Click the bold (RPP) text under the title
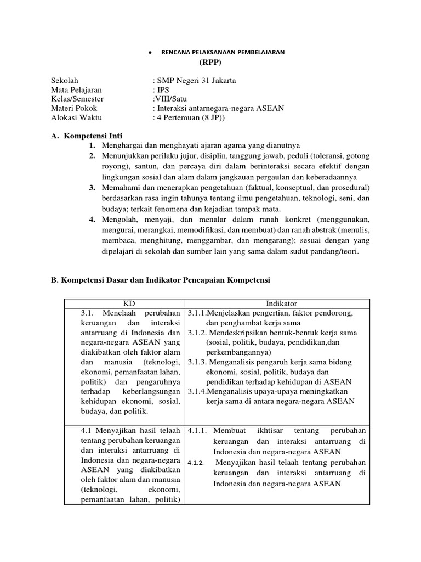(x=210, y=62)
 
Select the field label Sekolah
(x=65, y=80)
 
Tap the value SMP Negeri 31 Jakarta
(x=196, y=80)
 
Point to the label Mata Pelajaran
(x=76, y=90)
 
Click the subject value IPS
(x=163, y=90)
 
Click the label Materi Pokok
(x=74, y=108)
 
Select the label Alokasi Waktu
(x=76, y=117)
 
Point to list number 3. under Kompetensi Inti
(x=93, y=188)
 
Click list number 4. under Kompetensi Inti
(x=93, y=220)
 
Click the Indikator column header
(x=281, y=303)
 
